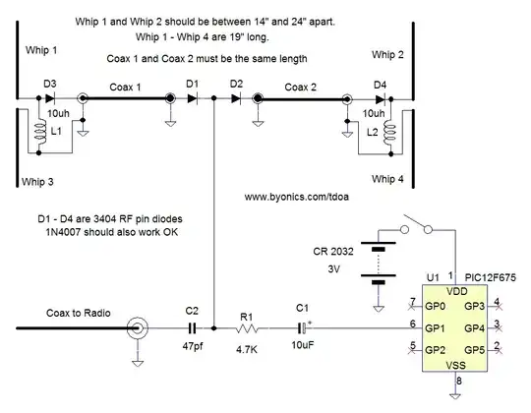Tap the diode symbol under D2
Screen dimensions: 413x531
click(235, 99)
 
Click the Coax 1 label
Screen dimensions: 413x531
click(122, 87)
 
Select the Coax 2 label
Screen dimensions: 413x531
click(301, 87)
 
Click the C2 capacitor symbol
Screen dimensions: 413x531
click(193, 326)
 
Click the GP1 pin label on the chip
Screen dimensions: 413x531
click(438, 326)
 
